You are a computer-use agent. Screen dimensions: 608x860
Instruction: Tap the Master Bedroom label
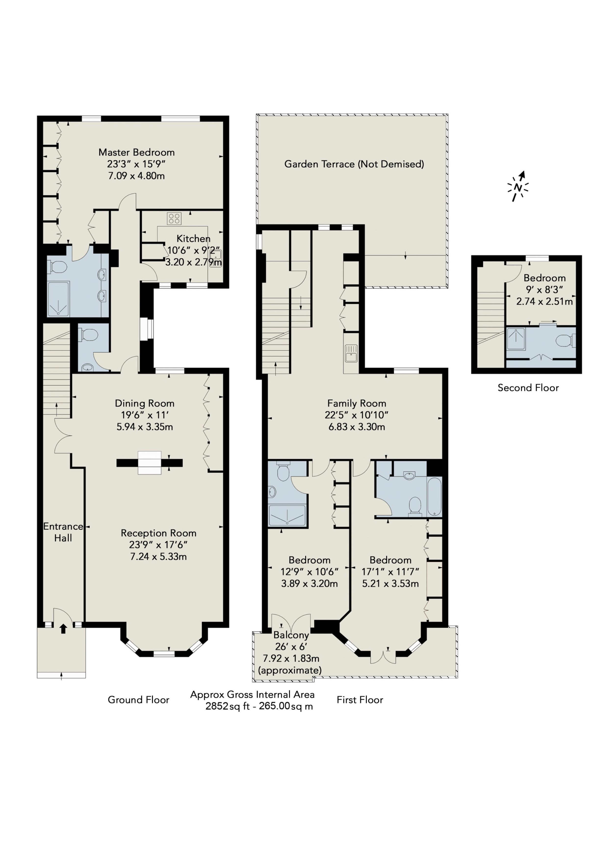[137, 152]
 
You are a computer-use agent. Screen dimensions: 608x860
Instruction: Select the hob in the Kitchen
[174, 218]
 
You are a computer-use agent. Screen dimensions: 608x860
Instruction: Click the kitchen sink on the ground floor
[216, 258]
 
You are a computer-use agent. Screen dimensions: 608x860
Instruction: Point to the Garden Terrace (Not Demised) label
[354, 164]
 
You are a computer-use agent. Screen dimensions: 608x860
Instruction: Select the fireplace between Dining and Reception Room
[149, 463]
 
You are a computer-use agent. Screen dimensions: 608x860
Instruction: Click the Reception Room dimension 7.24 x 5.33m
[158, 557]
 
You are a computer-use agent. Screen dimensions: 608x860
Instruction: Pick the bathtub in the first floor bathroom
[434, 497]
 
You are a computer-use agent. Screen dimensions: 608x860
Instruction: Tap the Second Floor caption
[528, 388]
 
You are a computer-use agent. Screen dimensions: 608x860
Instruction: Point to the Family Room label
[357, 403]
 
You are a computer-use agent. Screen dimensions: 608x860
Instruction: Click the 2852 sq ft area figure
[228, 706]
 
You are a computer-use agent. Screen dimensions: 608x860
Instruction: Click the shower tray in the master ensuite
[58, 299]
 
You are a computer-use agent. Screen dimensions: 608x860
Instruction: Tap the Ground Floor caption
[139, 700]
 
